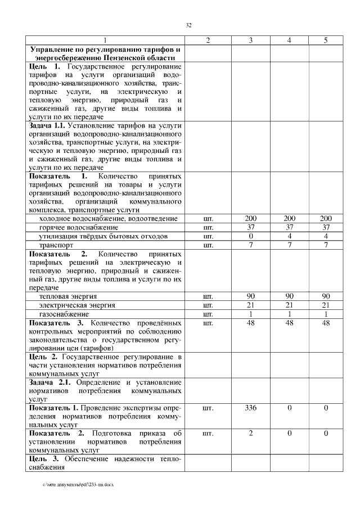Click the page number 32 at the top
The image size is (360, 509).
pos(189,25)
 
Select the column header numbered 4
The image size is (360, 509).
pos(289,40)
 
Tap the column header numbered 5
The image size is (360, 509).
pos(325,40)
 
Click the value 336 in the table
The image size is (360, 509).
pos(251,408)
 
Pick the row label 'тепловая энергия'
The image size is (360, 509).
pos(67,295)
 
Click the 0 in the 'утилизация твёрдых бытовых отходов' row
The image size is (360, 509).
pos(251,236)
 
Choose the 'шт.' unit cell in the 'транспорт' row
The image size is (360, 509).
pos(208,245)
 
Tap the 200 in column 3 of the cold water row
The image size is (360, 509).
pos(251,218)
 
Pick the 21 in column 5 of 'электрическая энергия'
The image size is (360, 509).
pos(325,304)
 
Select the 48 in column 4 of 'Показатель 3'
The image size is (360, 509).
pos(289,323)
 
